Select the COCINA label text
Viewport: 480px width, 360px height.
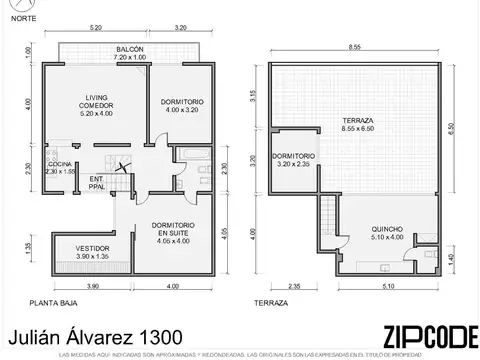click(61, 167)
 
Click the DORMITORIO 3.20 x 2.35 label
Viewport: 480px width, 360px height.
click(293, 160)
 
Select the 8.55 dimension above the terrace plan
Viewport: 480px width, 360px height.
click(355, 47)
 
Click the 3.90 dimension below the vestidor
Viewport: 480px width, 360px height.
click(93, 287)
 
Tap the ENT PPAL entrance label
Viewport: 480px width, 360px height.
click(96, 182)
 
